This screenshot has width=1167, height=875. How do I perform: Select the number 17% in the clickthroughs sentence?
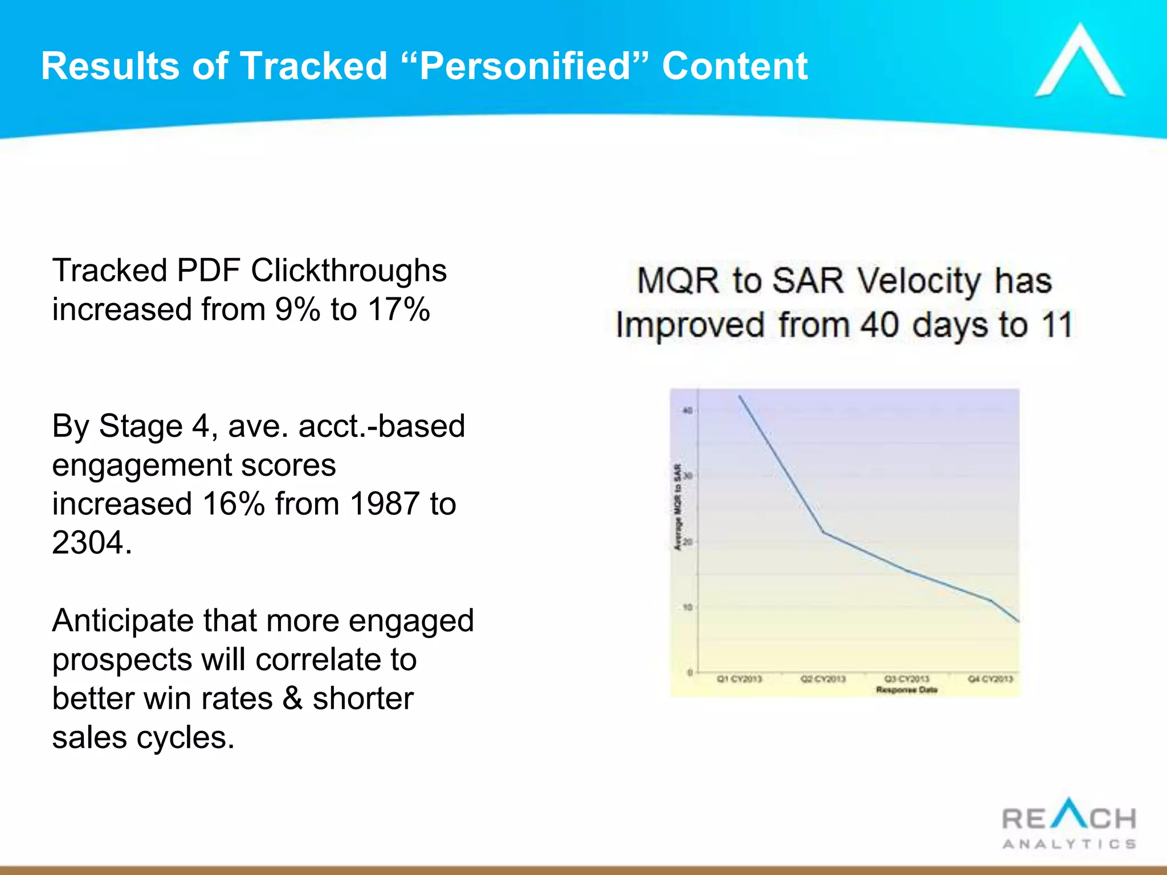tap(398, 310)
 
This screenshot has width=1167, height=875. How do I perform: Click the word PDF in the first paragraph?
tap(209, 271)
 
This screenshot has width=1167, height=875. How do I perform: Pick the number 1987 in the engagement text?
tap(385, 504)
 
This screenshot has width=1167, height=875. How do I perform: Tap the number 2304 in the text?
tap(88, 543)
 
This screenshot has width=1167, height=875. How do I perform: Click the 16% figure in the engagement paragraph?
tap(234, 504)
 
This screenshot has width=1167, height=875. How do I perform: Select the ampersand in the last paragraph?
tap(292, 699)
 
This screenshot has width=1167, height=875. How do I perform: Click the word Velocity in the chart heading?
tap(919, 281)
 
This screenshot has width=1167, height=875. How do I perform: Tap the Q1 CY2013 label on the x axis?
tap(739, 679)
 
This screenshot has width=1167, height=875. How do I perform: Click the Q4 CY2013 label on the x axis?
tap(990, 679)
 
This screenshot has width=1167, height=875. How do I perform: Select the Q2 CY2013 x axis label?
tap(823, 679)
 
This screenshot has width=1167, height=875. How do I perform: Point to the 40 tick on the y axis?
tap(688, 410)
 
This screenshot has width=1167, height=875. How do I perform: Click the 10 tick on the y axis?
tap(688, 607)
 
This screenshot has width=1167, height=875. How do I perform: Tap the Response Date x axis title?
tap(907, 690)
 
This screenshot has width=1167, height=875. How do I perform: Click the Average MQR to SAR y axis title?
tap(678, 508)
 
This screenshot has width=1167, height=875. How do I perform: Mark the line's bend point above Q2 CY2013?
tap(823, 532)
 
